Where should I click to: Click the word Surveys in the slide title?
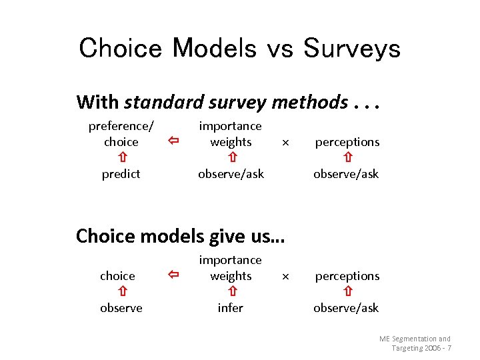351,48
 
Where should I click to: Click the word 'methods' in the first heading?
310,102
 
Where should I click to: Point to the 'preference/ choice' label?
121,134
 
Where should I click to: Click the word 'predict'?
121,174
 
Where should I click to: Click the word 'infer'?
231,308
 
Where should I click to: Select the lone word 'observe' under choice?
121,308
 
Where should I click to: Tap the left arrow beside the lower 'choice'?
173,275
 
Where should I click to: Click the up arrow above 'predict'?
122,158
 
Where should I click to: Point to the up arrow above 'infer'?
231,292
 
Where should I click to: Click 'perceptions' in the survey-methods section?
347,142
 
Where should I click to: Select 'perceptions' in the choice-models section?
347,276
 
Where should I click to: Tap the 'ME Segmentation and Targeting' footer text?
415,343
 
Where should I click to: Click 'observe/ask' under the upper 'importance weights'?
231,174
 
